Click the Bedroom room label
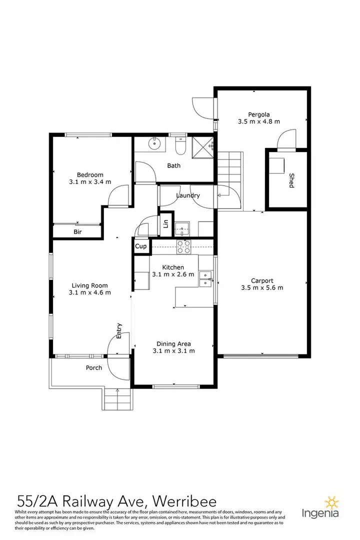click(x=90, y=174)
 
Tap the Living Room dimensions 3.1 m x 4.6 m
click(x=90, y=292)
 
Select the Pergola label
click(x=258, y=114)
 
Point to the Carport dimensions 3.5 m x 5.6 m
click(x=262, y=288)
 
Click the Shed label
click(x=291, y=180)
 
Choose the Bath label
click(x=173, y=165)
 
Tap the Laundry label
click(x=188, y=195)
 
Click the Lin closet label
click(x=165, y=224)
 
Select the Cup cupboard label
click(x=140, y=246)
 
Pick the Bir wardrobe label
click(x=77, y=232)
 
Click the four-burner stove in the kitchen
click(x=183, y=247)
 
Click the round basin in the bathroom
click(x=154, y=142)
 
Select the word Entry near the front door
click(x=119, y=330)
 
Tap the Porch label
click(x=93, y=368)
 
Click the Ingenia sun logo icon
click(x=332, y=503)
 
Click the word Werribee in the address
click(x=184, y=501)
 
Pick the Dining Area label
click(x=173, y=343)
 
